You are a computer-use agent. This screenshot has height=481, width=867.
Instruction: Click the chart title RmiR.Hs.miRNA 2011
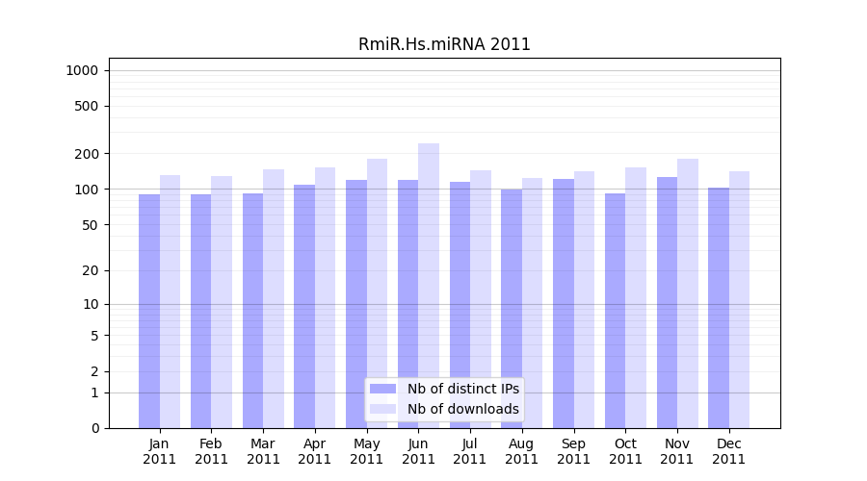point(444,44)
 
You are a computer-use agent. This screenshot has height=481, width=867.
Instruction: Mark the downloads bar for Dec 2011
point(739,299)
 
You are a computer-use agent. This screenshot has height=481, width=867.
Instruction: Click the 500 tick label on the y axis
point(87,106)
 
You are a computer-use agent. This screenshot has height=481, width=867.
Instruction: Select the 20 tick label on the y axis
point(91,270)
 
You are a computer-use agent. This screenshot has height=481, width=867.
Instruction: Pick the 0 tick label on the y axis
point(94,428)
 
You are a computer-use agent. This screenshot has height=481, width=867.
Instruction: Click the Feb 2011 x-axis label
point(212,451)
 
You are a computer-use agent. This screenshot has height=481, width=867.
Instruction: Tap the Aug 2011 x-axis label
point(522,451)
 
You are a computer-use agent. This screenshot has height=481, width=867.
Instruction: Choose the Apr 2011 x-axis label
point(315,451)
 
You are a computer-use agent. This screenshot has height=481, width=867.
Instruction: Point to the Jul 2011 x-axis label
point(470,451)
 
